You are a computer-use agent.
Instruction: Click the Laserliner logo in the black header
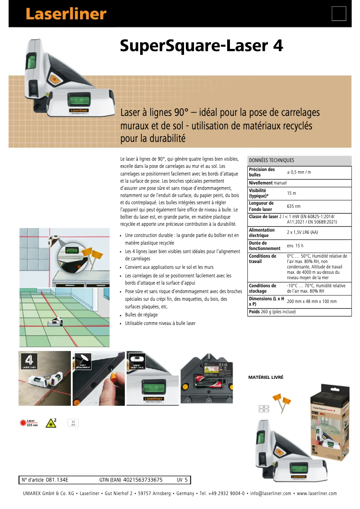pyautogui.click(x=66, y=14)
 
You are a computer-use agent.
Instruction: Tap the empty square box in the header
pyautogui.click(x=338, y=13)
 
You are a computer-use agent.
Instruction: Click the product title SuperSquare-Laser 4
pyautogui.click(x=201, y=46)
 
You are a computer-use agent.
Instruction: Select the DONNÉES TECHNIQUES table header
pyautogui.click(x=272, y=160)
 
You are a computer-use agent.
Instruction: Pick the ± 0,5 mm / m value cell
pyautogui.click(x=299, y=172)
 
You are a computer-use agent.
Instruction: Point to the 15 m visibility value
pyautogui.click(x=291, y=193)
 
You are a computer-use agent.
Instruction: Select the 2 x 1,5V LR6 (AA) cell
pyautogui.click(x=303, y=233)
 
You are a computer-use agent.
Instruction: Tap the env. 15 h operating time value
pyautogui.click(x=295, y=246)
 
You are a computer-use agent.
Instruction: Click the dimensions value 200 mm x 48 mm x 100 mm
pyautogui.click(x=312, y=301)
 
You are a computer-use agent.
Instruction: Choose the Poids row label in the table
pyautogui.click(x=255, y=312)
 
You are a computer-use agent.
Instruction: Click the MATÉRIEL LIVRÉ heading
pyautogui.click(x=266, y=377)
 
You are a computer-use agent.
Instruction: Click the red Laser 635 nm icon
pyautogui.click(x=28, y=422)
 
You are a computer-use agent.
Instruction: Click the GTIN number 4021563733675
pyautogui.click(x=142, y=480)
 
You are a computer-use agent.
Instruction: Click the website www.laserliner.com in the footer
pyautogui.click(x=316, y=493)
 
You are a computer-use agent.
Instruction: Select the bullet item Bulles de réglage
pyautogui.click(x=141, y=315)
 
